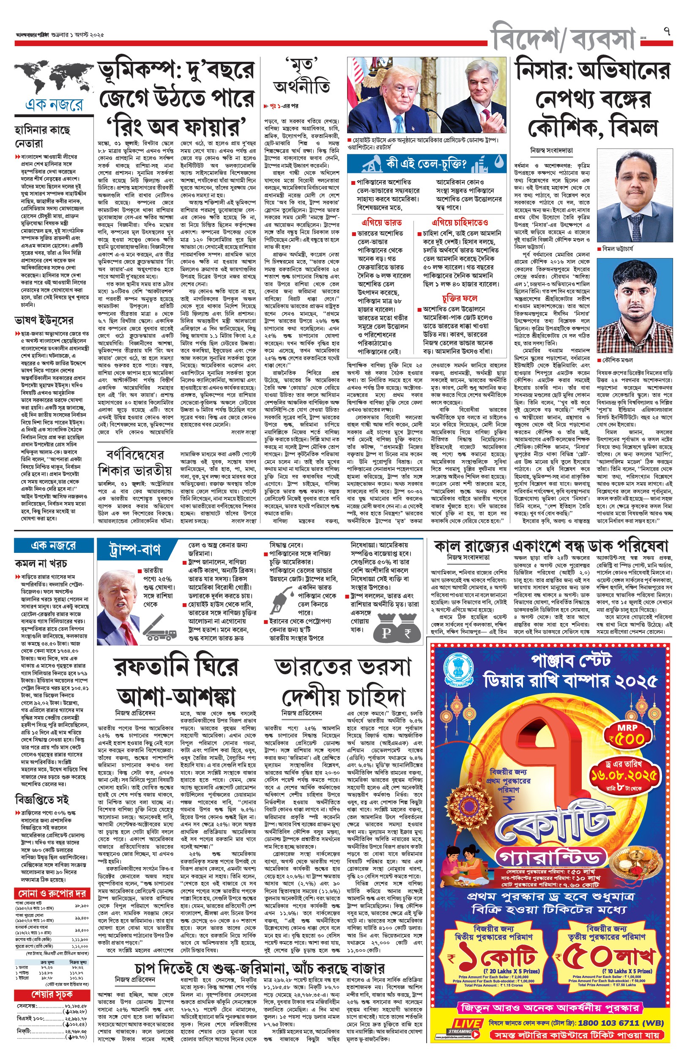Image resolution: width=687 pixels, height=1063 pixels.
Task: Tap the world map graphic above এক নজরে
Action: pos(54,78)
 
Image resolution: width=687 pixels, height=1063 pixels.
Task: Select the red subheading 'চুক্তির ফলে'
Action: pos(460,298)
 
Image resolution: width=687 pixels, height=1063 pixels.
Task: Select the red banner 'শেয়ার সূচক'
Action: pos(52,995)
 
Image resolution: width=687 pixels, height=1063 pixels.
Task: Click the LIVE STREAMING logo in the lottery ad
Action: pos(467,1025)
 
